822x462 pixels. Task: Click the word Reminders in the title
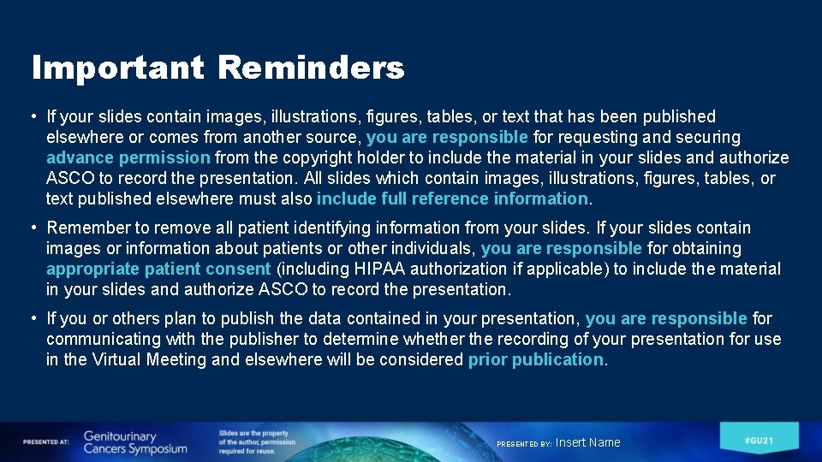pyautogui.click(x=311, y=68)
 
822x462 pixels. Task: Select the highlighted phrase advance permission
pyautogui.click(x=128, y=157)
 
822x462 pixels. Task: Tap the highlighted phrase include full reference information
pyautogui.click(x=452, y=198)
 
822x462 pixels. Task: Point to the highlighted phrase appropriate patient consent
pyautogui.click(x=158, y=269)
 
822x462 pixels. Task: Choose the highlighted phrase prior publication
pyautogui.click(x=535, y=359)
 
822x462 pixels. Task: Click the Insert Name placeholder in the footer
pyautogui.click(x=587, y=442)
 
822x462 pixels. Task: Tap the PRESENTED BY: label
pyautogui.click(x=524, y=444)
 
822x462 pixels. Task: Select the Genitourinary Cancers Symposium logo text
pyautogui.click(x=134, y=442)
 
